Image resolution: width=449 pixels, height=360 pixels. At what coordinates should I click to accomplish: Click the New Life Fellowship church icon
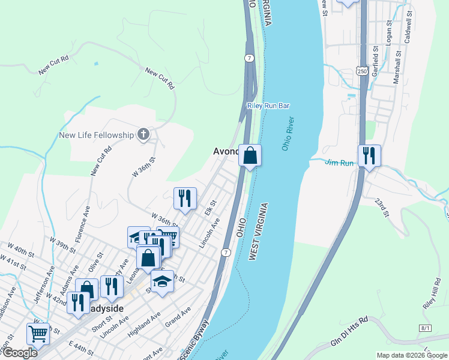pos(143,134)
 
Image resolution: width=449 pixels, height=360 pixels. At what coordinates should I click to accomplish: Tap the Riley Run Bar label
pos(268,106)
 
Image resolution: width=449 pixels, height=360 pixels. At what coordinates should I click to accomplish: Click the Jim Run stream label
pos(339,162)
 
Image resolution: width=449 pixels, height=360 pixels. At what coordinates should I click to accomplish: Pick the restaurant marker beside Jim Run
pos(369,156)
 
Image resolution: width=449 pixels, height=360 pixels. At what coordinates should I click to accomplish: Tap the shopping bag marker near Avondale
pos(250,155)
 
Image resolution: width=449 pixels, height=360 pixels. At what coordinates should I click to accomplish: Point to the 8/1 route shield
pos(426,328)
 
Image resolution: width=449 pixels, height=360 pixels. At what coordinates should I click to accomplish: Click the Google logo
pos(20,353)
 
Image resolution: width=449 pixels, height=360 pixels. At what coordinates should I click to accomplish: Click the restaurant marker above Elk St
pos(185,197)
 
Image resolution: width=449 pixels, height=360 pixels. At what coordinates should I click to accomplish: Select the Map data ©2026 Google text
pos(411,355)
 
